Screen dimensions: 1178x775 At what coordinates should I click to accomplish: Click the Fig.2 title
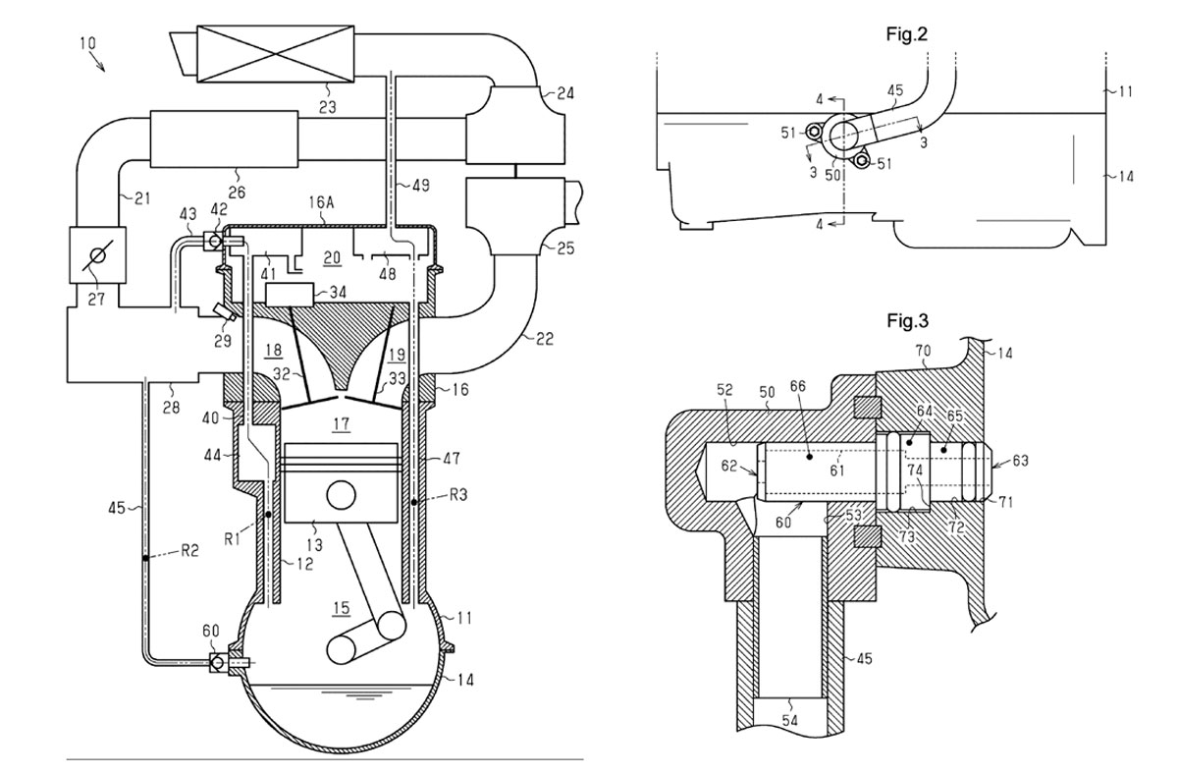[907, 34]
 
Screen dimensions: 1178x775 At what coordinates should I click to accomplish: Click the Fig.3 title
[908, 320]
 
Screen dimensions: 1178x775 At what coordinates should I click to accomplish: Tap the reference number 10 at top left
[87, 42]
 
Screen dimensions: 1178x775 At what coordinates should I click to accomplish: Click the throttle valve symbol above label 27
[97, 255]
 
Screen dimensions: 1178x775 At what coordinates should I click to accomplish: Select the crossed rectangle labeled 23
[275, 54]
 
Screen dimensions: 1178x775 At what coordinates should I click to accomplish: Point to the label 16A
[322, 202]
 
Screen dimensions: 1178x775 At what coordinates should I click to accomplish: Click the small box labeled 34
[291, 295]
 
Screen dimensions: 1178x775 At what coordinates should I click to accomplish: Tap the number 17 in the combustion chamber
[341, 424]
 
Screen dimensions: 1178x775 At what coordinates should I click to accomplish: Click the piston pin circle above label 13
[341, 495]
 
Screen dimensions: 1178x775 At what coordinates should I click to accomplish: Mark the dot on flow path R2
[145, 557]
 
